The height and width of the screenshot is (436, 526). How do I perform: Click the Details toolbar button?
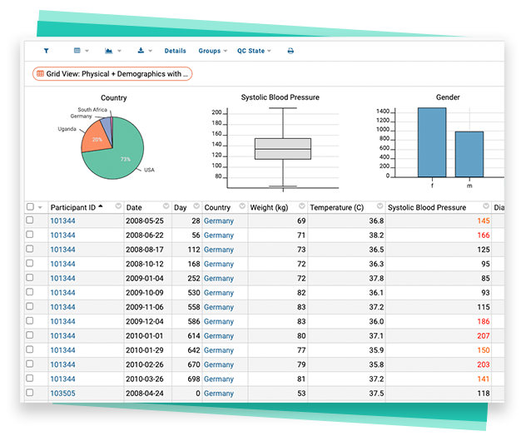175,51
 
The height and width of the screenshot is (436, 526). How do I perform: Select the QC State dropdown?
253,51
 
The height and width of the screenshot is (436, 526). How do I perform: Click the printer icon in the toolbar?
290,51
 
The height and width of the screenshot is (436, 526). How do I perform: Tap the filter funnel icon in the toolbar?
46,51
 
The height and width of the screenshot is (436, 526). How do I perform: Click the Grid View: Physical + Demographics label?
112,74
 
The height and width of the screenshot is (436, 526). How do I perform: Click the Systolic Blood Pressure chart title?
280,97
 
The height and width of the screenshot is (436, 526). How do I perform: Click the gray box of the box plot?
283,148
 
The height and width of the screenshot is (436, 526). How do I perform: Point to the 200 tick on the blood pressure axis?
216,111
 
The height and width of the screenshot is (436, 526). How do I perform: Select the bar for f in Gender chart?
431,142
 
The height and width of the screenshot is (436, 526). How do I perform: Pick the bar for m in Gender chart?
469,154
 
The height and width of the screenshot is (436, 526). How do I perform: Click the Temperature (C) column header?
336,207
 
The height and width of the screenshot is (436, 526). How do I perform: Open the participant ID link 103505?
62,394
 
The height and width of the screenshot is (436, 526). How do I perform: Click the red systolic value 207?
483,336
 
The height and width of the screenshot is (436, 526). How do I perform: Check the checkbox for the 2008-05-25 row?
31,220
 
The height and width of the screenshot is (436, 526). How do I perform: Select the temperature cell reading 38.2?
375,235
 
